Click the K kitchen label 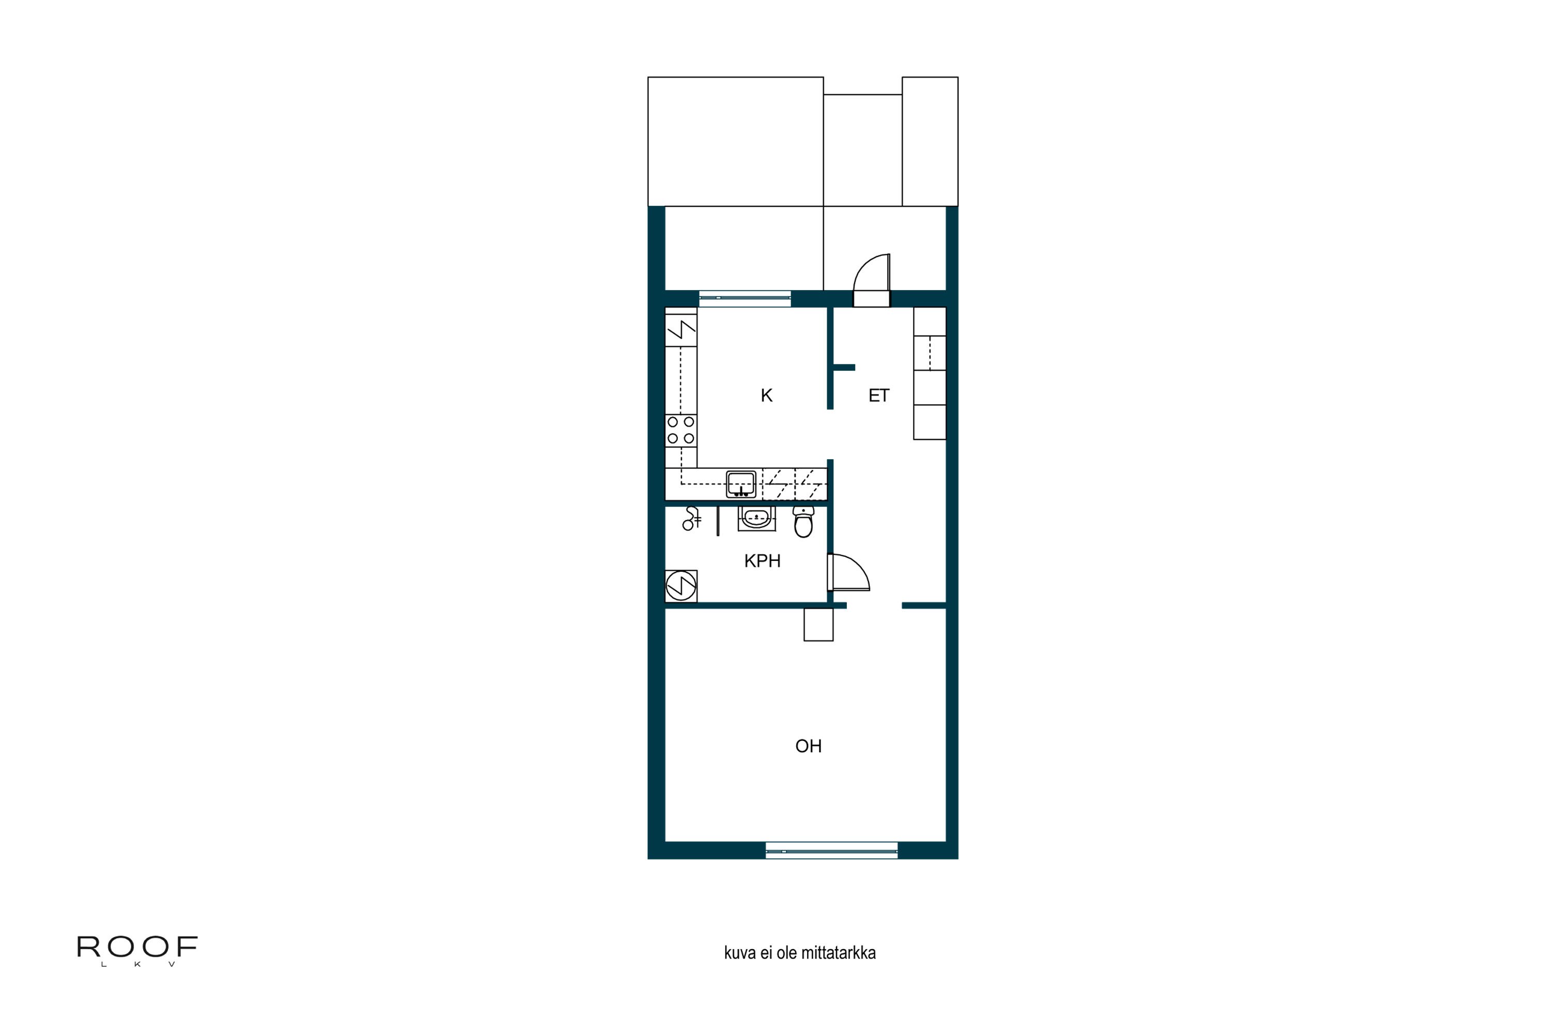(x=766, y=396)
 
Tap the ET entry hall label (x=878, y=396)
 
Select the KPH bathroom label (x=762, y=561)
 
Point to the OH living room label (x=809, y=746)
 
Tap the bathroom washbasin (x=756, y=519)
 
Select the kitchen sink (x=741, y=484)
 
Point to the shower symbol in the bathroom (x=690, y=519)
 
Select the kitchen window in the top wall (x=745, y=298)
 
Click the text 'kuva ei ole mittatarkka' (x=800, y=953)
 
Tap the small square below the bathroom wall (x=818, y=625)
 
